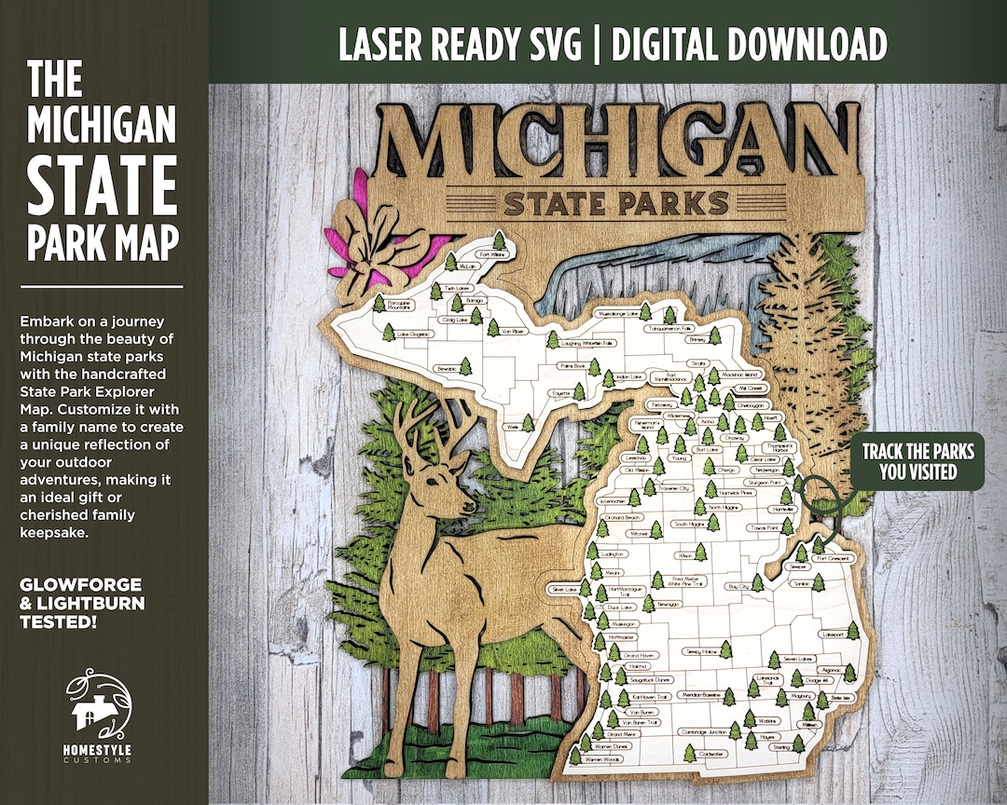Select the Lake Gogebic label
[x=416, y=333]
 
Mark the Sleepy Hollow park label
[x=701, y=651]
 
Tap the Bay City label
[x=738, y=587]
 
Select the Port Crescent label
[x=834, y=558]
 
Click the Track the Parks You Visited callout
[x=917, y=462]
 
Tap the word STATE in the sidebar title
[x=102, y=185]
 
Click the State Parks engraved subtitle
[x=615, y=203]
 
